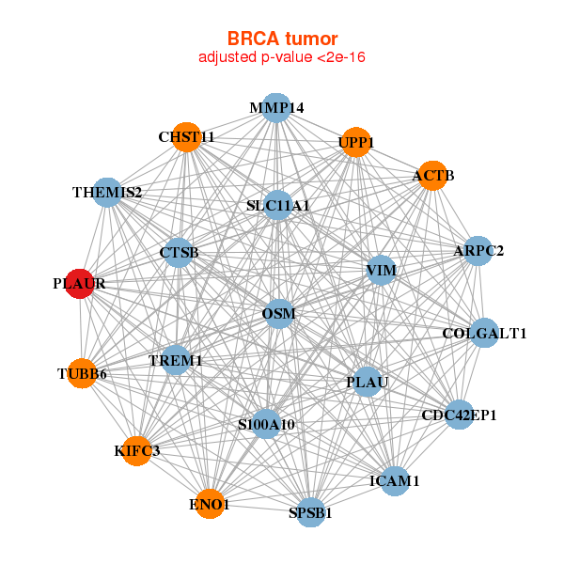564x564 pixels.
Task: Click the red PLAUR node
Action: [81, 283]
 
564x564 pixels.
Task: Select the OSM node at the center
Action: [279, 313]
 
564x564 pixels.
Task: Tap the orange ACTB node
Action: [431, 176]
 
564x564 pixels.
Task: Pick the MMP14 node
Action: [275, 108]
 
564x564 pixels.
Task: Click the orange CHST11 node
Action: [187, 137]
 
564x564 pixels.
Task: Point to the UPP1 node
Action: [356, 143]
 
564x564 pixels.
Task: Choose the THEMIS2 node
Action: [107, 193]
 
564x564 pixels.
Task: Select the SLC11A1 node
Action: [278, 205]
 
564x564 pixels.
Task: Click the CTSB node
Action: [179, 252]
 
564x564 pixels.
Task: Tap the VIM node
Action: [381, 271]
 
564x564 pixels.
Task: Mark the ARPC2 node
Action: [478, 251]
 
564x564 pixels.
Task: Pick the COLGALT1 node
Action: [484, 333]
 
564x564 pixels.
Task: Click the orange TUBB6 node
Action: [83, 374]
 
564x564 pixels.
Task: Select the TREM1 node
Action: [176, 360]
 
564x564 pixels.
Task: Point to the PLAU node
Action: [367, 382]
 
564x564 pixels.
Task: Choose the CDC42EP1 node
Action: [459, 415]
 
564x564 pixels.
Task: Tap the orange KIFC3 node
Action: [137, 451]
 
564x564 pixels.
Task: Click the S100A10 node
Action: [267, 425]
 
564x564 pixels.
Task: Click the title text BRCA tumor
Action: [282, 39]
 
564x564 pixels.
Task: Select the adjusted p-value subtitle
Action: [282, 57]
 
